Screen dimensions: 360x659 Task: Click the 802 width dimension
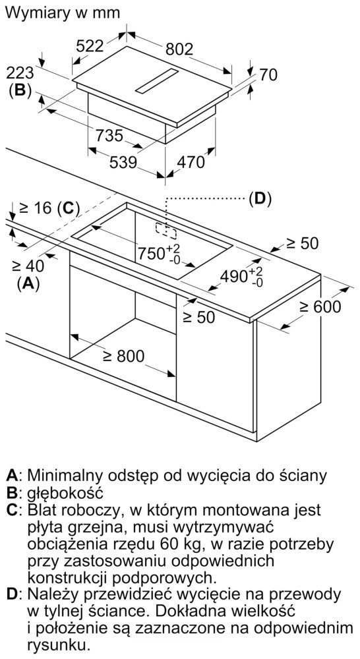point(179,49)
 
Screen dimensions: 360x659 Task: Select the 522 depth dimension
point(89,46)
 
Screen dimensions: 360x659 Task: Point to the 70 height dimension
point(268,75)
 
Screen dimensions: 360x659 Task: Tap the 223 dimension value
point(20,73)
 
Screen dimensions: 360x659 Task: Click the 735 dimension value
point(109,136)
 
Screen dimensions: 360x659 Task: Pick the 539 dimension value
point(123,162)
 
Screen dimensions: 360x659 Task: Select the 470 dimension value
point(190,162)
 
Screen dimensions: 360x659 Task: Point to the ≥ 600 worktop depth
point(320,307)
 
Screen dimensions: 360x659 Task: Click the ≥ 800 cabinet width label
point(124,356)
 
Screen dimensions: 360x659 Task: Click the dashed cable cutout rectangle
point(167,230)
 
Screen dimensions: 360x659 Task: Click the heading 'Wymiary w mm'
point(63,13)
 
